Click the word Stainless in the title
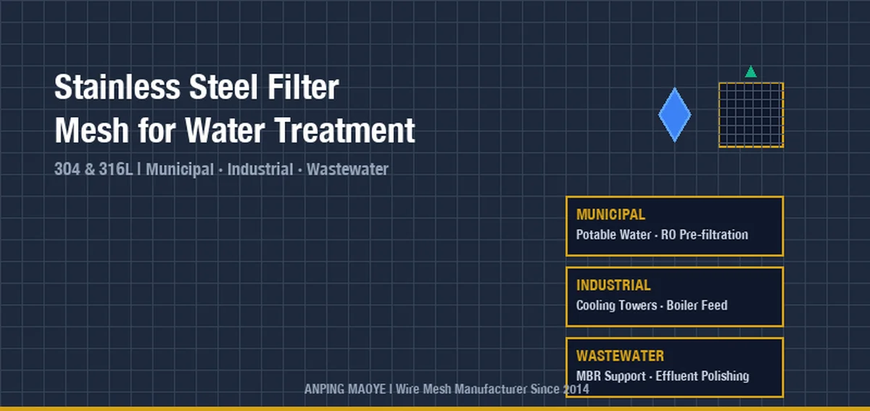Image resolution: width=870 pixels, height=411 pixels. coord(117,87)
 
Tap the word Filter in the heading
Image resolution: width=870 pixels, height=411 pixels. coord(303,87)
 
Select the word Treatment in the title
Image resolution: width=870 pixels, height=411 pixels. coord(344,130)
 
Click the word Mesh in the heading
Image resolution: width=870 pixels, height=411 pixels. coord(91,130)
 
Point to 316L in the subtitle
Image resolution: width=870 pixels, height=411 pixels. coord(116,169)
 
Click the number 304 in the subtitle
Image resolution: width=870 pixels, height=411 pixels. coord(67,169)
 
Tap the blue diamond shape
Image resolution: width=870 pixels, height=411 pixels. coord(675,115)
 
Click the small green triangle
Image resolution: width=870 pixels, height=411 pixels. coord(751,72)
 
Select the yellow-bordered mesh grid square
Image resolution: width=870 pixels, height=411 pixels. coord(751,115)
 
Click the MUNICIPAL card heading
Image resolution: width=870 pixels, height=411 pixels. coord(610,215)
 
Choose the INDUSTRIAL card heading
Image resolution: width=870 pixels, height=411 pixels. coord(613,285)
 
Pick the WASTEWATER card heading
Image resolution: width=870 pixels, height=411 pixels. coord(621,356)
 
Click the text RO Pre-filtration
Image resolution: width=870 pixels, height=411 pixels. coord(705,235)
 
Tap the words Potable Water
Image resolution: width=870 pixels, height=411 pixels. coord(613,235)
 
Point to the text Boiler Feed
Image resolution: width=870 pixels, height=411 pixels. coord(697,305)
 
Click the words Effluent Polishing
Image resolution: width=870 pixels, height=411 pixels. coord(703,376)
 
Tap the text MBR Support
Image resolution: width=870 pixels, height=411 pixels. coord(611,376)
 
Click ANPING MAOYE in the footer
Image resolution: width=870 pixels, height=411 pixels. coord(345,389)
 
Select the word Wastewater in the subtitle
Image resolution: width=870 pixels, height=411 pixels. coord(347,169)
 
